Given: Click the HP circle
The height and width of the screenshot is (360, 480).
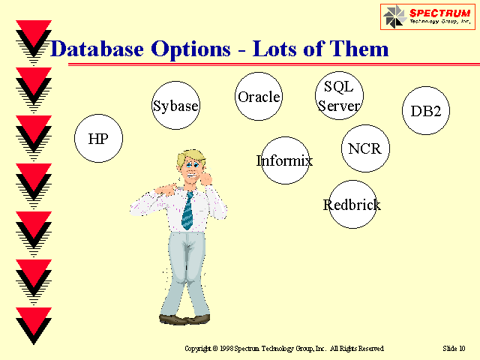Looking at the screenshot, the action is [98, 138].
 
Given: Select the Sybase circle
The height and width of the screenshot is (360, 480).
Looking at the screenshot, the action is [175, 105].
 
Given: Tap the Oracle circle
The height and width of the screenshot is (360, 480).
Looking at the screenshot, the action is [259, 97].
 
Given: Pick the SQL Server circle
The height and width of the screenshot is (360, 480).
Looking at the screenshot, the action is [339, 95].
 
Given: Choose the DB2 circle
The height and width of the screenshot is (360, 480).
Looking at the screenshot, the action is [426, 110].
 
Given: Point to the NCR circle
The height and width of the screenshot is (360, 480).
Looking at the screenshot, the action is [365, 148].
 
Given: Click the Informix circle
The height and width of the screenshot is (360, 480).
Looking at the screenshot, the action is [285, 160].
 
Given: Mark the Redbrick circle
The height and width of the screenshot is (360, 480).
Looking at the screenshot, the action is [352, 204].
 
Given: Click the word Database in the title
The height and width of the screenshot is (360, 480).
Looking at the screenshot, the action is [97, 49].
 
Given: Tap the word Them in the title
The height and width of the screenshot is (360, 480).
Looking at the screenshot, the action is [359, 49].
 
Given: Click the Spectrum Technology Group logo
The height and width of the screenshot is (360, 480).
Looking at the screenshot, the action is [427, 16].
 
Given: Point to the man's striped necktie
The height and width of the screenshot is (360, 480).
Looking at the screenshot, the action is [187, 211].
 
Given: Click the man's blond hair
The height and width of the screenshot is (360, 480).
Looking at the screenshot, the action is [190, 157].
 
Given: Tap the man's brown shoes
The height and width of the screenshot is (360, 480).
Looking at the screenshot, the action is [184, 319].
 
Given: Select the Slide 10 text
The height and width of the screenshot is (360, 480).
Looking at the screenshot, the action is [454, 348].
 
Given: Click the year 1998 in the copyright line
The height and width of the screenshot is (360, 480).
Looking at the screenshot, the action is [226, 348].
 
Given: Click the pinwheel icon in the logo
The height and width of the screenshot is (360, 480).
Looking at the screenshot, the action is [395, 16].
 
